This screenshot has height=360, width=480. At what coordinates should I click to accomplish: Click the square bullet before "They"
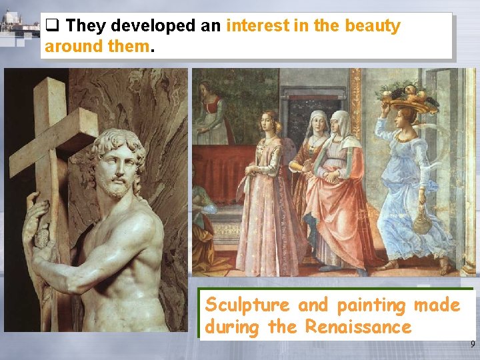pyautogui.click(x=52, y=27)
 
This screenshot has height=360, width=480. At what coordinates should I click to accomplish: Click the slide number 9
pyautogui.click(x=472, y=345)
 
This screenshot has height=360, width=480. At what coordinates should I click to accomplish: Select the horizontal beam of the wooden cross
pyautogui.click(x=53, y=143)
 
